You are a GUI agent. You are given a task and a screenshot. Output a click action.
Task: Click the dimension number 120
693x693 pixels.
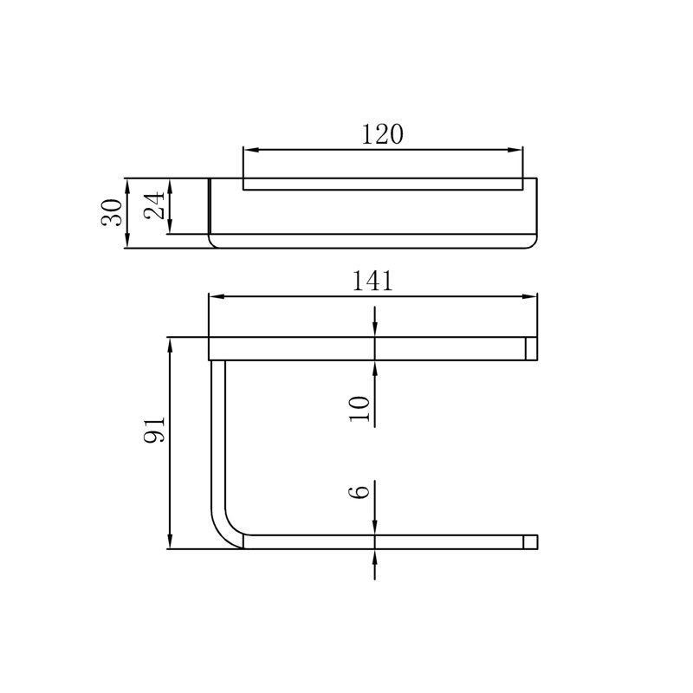(x=382, y=134)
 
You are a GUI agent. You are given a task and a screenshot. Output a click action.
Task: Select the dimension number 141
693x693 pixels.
(x=372, y=281)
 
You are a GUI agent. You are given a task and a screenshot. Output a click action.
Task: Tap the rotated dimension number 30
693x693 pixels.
(x=112, y=212)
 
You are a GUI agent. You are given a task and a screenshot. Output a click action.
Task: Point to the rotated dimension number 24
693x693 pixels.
(x=154, y=205)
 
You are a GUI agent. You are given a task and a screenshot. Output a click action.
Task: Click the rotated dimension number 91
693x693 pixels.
(x=154, y=429)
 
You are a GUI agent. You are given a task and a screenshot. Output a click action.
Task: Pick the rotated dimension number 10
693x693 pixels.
(x=359, y=409)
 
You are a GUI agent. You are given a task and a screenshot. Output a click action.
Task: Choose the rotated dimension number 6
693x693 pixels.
(x=359, y=492)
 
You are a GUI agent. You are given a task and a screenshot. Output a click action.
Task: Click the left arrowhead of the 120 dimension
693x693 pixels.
(x=250, y=150)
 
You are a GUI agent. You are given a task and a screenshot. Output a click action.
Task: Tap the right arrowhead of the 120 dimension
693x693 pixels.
(x=515, y=150)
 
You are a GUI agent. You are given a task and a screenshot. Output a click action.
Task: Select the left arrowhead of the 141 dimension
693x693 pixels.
(x=216, y=296)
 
